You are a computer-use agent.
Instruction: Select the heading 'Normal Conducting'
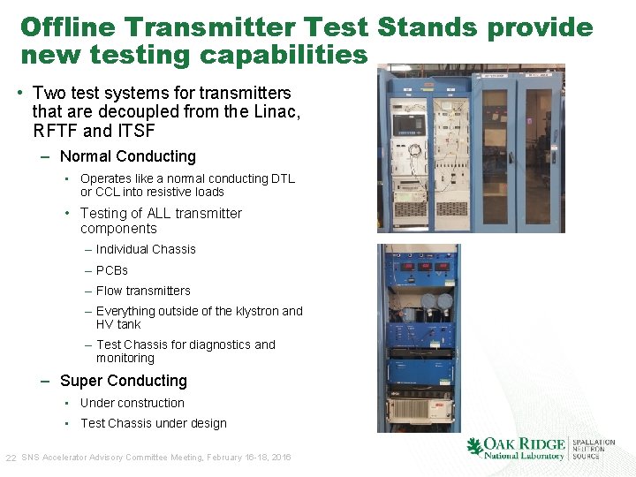point(127,156)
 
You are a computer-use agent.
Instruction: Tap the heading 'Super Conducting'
point(123,381)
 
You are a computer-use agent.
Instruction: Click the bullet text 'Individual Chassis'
point(146,249)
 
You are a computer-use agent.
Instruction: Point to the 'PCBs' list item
point(111,270)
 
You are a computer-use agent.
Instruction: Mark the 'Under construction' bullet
point(132,403)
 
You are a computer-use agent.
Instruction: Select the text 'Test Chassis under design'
point(153,423)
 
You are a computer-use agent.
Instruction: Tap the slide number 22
point(11,458)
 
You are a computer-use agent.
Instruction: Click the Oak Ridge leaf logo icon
point(474,447)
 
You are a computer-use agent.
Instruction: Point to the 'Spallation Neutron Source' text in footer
point(594,449)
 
